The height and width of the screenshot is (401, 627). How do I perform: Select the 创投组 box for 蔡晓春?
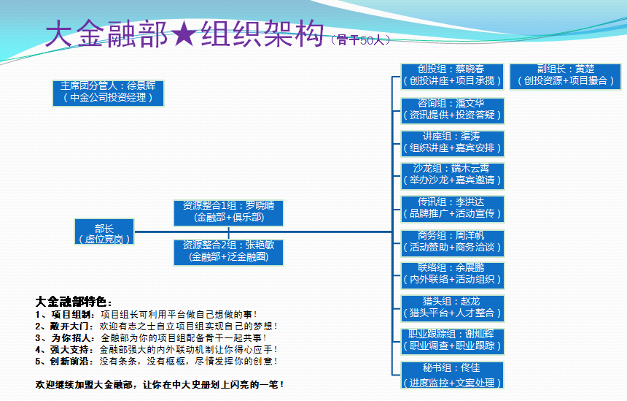tap(452, 75)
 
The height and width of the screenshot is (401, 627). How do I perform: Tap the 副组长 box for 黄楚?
tap(565, 75)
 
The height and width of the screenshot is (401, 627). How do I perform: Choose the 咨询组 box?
tap(452, 109)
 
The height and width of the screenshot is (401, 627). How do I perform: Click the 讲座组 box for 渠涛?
tap(452, 142)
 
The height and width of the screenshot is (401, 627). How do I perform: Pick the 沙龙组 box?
tap(452, 175)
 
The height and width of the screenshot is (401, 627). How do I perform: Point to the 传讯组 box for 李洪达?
tap(452, 208)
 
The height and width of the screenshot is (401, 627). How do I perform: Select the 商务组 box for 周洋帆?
tap(452, 242)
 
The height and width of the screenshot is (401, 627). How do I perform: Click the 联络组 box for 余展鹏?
tap(452, 274)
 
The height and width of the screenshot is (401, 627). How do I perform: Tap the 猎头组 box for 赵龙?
tap(452, 307)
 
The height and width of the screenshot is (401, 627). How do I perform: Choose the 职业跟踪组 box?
tap(452, 340)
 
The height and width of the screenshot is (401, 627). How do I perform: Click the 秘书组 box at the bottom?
tap(452, 374)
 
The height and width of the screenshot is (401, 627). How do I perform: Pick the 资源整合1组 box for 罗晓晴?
tap(228, 211)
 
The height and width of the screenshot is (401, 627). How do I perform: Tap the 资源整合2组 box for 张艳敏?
tap(228, 251)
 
